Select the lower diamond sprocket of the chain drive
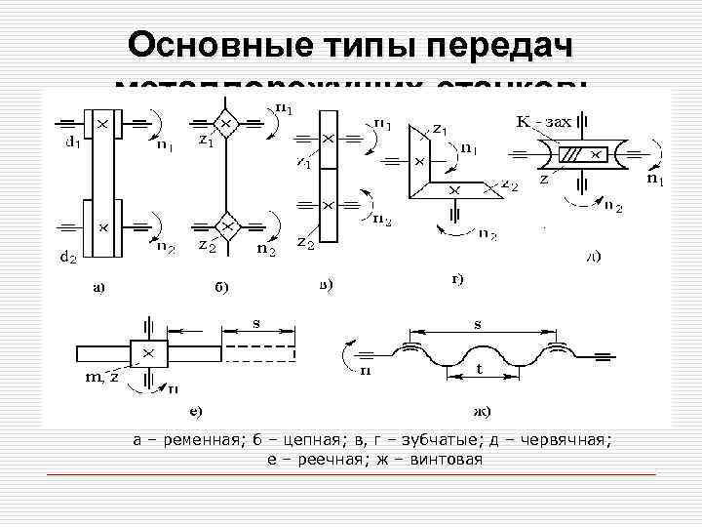226,226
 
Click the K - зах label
544,122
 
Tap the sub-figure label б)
224,287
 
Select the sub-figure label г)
456,279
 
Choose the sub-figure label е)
196,411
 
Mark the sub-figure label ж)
480,411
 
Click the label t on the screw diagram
479,370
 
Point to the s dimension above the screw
478,320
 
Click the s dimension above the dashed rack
256,320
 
